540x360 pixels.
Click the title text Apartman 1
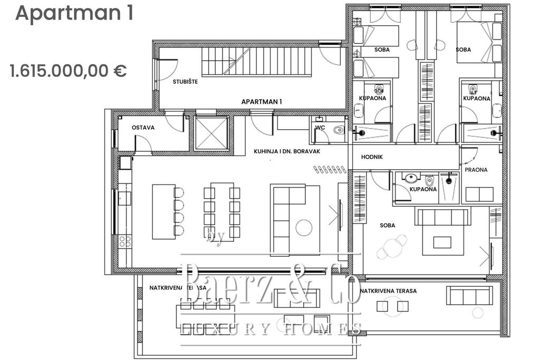[74, 13]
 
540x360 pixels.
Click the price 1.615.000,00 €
[68, 71]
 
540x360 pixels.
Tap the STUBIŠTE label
[185, 82]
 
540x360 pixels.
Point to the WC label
[320, 128]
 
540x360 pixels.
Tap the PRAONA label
[476, 170]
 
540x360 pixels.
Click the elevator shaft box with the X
[211, 133]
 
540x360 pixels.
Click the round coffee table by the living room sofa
[303, 228]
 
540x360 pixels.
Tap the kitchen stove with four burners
[124, 241]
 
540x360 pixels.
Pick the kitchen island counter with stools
[163, 211]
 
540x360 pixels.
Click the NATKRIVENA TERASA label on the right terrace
[389, 291]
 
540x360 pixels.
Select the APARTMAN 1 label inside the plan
[262, 101]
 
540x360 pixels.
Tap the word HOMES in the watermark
[323, 329]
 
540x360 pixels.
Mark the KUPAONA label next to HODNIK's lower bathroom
[423, 189]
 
